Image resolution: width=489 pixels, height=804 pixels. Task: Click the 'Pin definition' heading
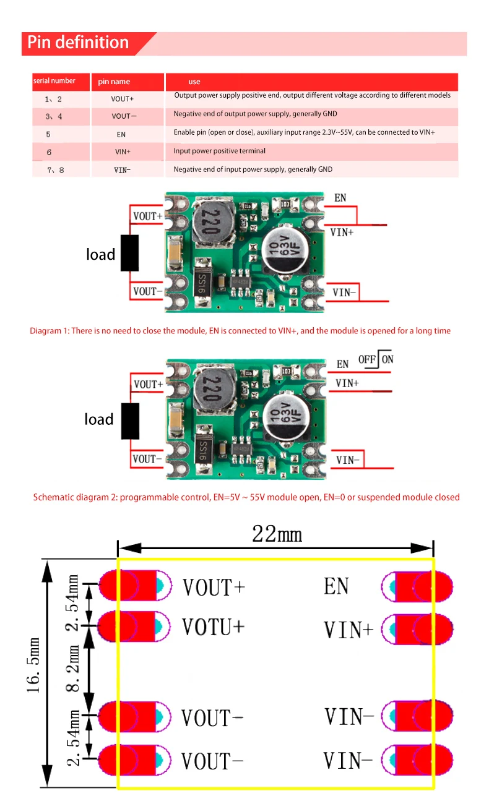[77, 43]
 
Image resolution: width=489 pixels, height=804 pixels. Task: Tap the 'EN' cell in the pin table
[121, 134]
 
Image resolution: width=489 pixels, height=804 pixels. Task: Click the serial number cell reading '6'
[49, 152]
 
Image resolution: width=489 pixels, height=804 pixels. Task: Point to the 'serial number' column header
[54, 81]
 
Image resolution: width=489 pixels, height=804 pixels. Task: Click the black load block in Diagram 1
[129, 253]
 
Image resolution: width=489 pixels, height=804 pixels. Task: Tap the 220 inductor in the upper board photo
[209, 221]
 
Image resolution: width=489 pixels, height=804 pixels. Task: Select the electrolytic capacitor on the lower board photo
[285, 420]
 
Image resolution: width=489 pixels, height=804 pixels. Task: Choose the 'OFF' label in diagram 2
[368, 359]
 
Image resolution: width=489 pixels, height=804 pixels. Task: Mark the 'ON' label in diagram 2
[387, 359]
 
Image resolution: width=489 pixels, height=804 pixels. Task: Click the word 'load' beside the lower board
[99, 420]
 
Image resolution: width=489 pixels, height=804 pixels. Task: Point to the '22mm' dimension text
[277, 534]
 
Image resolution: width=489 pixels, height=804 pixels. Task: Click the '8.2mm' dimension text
[74, 669]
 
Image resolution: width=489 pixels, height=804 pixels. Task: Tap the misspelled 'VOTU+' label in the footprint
[214, 627]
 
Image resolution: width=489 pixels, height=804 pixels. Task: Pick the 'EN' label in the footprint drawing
[336, 586]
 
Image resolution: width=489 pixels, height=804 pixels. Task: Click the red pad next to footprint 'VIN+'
[421, 630]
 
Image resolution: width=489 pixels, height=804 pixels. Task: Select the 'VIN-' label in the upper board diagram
[344, 293]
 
